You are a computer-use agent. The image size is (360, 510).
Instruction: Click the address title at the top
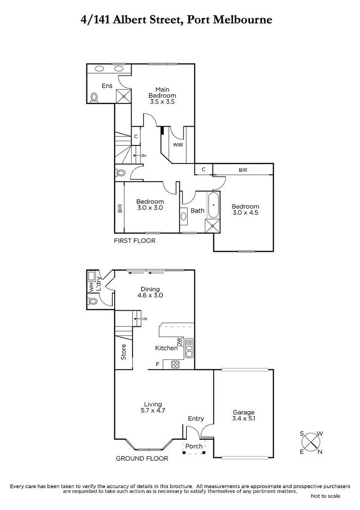pyautogui.click(x=180, y=20)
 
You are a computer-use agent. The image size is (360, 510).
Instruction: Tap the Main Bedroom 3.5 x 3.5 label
pyautogui.click(x=162, y=95)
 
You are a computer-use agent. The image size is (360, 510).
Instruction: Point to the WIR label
pyautogui.click(x=177, y=145)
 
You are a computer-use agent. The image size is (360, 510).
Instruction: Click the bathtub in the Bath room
pyautogui.click(x=214, y=205)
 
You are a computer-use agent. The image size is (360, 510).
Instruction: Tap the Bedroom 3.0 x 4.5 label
pyautogui.click(x=245, y=209)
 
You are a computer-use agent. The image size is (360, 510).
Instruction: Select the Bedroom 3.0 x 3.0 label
pyautogui.click(x=150, y=204)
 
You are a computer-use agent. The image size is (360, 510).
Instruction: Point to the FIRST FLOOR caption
pyautogui.click(x=134, y=241)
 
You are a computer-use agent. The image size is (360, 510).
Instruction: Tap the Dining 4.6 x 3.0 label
pyautogui.click(x=150, y=292)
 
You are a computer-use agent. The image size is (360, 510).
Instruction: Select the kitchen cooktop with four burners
pyautogui.click(x=175, y=364)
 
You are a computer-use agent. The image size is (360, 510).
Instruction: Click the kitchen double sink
pyautogui.click(x=189, y=348)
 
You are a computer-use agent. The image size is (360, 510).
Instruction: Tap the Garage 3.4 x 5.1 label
pyautogui.click(x=243, y=415)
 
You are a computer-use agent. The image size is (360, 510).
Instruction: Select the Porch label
pyautogui.click(x=194, y=446)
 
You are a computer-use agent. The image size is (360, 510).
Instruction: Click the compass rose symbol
pyautogui.click(x=311, y=442)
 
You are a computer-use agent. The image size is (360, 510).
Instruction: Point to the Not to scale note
pyautogui.click(x=326, y=496)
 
